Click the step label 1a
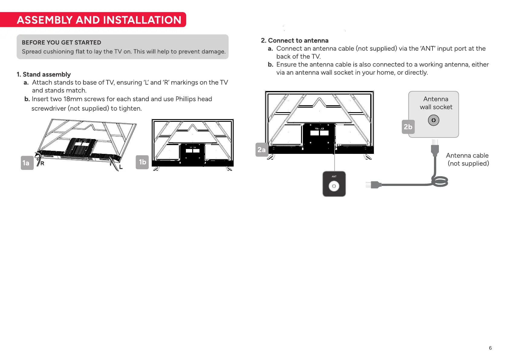(x=27, y=163)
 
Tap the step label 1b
(x=142, y=162)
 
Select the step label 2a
(x=262, y=150)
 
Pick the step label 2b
(x=408, y=127)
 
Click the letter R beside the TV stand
(x=42, y=164)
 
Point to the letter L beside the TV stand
(x=121, y=167)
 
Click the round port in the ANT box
(x=334, y=186)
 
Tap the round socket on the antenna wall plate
(x=433, y=120)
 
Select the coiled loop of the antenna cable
(x=440, y=182)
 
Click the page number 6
(x=490, y=348)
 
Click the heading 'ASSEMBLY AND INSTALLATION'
(x=99, y=20)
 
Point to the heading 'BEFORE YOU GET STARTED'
(x=61, y=43)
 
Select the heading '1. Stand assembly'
(x=44, y=74)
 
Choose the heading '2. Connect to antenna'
(x=295, y=41)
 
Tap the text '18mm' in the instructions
(x=73, y=99)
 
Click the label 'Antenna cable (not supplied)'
(x=467, y=159)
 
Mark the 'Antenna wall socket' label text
(x=436, y=103)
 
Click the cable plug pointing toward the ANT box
(x=374, y=185)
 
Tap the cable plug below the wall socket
(x=435, y=147)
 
